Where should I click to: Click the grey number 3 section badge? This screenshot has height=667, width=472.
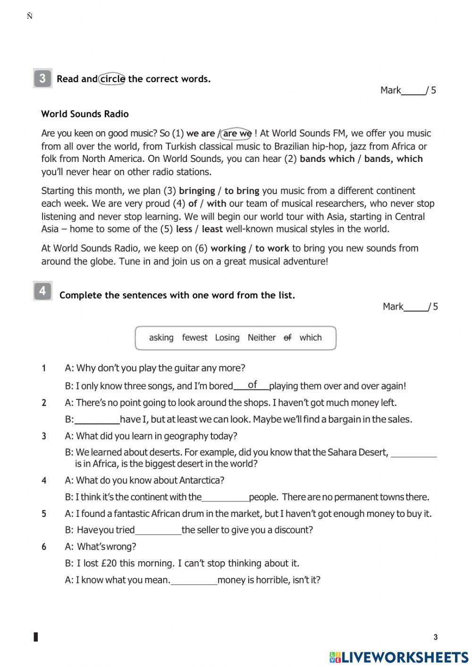coord(42,78)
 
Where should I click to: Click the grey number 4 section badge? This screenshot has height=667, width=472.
coord(42,291)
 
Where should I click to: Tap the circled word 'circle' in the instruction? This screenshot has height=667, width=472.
coord(112,79)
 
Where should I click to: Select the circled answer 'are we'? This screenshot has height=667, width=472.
coord(236,134)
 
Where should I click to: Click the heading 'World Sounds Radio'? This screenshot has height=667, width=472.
coord(85,114)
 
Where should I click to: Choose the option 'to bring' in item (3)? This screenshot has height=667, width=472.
coord(242,191)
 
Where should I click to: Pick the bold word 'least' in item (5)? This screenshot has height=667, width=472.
coord(212,229)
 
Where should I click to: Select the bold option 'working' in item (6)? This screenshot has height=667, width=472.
coord(228,248)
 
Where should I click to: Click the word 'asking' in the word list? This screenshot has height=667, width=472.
coord(161,338)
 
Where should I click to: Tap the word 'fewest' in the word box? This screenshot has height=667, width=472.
coord(194,338)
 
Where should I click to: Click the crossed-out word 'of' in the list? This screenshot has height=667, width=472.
coord(287,338)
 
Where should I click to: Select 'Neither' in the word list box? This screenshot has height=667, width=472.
coord(261,338)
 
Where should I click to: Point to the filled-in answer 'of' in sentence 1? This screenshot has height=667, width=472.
coord(252,385)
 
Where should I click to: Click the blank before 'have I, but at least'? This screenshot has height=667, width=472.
coord(97,419)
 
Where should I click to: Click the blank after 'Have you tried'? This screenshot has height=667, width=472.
coord(158,530)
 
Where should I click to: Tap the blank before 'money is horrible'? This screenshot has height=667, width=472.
coord(194,580)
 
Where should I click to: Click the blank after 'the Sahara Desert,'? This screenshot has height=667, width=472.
coord(414,452)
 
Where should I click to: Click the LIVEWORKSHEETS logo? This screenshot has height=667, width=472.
coord(399,657)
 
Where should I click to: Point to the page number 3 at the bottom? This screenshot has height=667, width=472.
coord(435,637)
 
